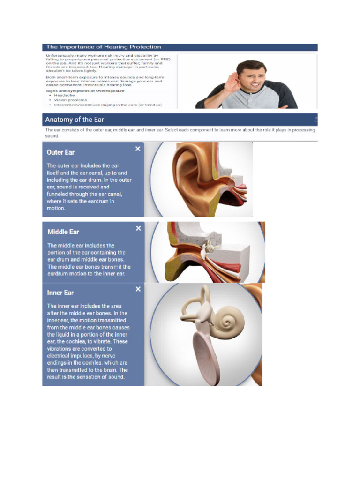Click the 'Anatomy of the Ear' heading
click(x=75, y=120)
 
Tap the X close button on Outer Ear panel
click(x=138, y=149)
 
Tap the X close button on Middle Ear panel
click(x=138, y=228)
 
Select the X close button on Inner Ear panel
click(x=138, y=289)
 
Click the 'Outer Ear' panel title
click(x=60, y=152)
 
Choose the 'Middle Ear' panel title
click(x=63, y=232)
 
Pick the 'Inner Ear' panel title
click(x=60, y=292)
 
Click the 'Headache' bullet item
click(x=64, y=95)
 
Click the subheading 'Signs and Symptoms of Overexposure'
click(x=85, y=90)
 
